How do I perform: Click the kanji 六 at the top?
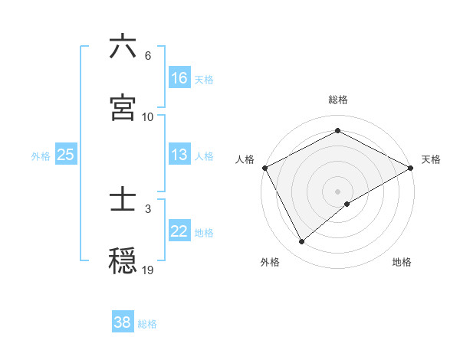coord(123,47)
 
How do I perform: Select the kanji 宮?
coord(123,107)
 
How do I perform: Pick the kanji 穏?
coord(123,261)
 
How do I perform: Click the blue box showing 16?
coord(179,78)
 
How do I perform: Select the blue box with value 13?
coord(179,155)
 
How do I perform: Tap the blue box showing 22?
coord(179,231)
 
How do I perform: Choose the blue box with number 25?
coord(66,155)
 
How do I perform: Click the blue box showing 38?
coord(123,322)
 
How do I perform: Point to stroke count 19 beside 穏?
coord(148,270)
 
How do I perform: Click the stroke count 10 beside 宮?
coord(147,116)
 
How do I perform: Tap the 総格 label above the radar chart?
coord(338,100)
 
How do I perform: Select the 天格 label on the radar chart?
coord(431,159)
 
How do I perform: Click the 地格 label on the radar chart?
coord(402,262)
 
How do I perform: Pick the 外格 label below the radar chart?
coord(270,262)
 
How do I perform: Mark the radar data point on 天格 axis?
coord(412,167)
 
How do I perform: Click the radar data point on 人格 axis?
coord(264,167)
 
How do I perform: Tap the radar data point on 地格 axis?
coord(348,204)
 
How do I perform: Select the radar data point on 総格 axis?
coord(338,131)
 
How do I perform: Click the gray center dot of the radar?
coord(338,191)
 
